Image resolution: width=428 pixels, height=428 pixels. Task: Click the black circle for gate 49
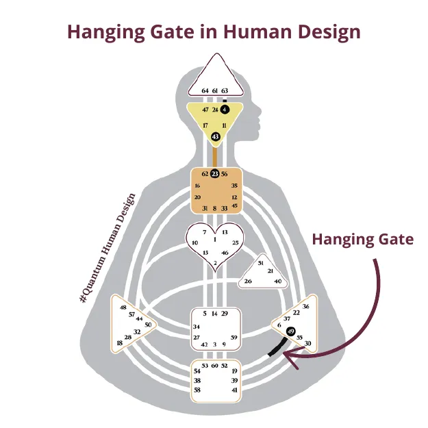pos(291,332)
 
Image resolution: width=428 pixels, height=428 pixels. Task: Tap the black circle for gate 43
pos(216,137)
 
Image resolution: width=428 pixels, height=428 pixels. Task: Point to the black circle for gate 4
pos(225,109)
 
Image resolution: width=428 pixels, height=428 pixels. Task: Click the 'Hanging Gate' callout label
pos(363,239)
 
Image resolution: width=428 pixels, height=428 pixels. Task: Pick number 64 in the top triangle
pos(205,90)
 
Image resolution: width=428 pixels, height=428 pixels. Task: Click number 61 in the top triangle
pos(215,90)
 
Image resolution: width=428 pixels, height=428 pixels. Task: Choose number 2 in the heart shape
pos(215,263)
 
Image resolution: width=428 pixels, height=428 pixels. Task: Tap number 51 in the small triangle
pos(261,263)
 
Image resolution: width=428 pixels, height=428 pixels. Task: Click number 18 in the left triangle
pos(120,343)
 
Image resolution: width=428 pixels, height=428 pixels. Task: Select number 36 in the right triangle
pos(306,306)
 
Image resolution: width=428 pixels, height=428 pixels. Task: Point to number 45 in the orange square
pos(235,206)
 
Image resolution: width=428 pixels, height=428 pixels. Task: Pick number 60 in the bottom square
pos(214,366)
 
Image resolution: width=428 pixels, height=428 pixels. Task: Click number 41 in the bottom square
pos(235,390)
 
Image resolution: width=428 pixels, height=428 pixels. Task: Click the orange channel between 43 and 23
pos(215,155)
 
